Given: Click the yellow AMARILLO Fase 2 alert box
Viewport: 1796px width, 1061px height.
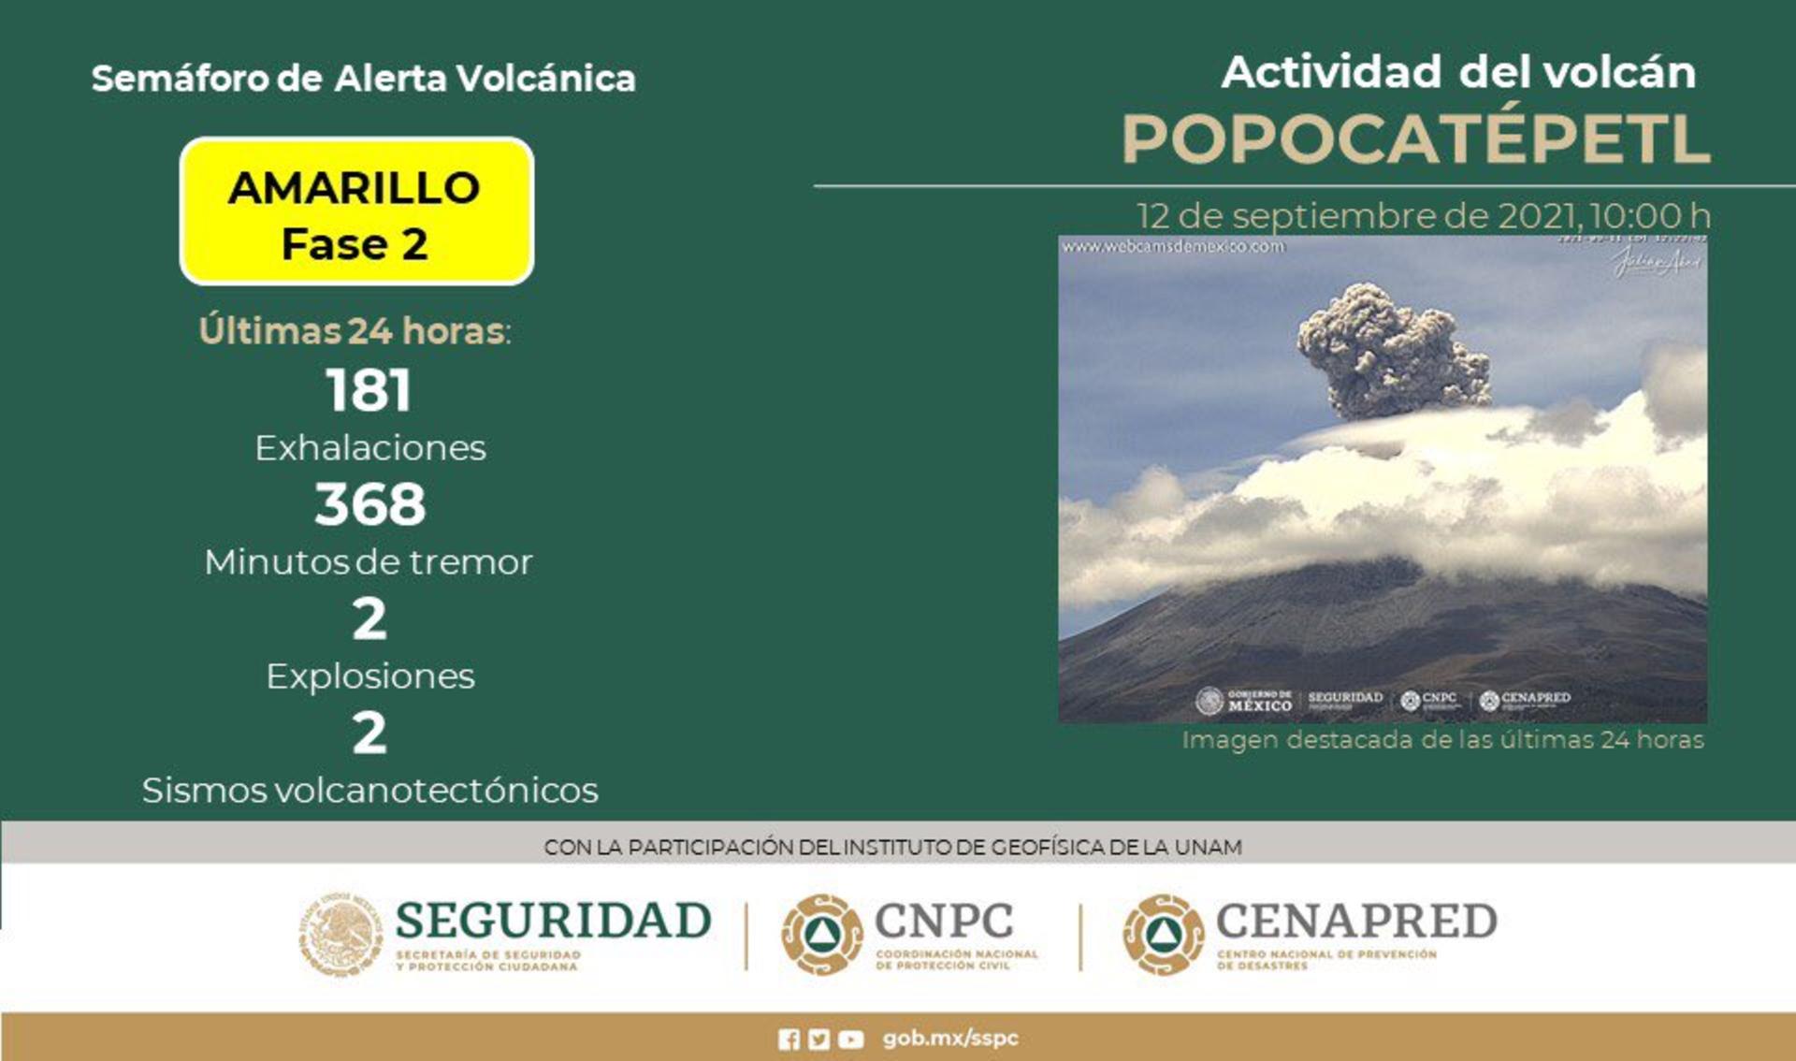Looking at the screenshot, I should [356, 211].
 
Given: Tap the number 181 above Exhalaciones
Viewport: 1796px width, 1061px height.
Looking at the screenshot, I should [369, 390].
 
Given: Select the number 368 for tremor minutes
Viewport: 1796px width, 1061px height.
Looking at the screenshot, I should [369, 504].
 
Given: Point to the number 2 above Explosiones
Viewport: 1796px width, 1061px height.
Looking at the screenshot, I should [369, 619].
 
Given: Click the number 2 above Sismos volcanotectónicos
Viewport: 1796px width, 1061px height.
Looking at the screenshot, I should [369, 734].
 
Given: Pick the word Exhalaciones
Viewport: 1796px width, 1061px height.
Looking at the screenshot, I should [370, 448].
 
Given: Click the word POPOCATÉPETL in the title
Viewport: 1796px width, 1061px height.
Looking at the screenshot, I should [1415, 139].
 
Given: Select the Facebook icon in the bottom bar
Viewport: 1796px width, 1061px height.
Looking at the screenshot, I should [789, 1039].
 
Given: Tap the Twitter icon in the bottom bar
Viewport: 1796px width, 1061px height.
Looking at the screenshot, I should [819, 1039].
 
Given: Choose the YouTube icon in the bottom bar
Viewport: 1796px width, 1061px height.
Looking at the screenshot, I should [850, 1039].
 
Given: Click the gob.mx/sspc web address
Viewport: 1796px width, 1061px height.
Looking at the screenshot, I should [949, 1039].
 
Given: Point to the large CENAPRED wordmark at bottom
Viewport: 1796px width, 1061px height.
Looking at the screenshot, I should [1355, 921].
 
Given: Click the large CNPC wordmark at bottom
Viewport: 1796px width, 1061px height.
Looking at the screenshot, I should [943, 921].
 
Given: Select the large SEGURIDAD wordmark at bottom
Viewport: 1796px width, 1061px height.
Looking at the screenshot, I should [553, 921].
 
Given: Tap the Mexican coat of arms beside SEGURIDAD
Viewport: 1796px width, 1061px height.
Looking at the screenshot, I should [340, 934].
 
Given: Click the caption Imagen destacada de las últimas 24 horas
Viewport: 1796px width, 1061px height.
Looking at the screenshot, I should [1442, 740].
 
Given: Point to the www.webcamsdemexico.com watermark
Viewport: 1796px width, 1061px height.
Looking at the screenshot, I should [1173, 247].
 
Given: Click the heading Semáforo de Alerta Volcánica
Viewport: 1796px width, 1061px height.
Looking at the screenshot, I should [363, 79].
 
